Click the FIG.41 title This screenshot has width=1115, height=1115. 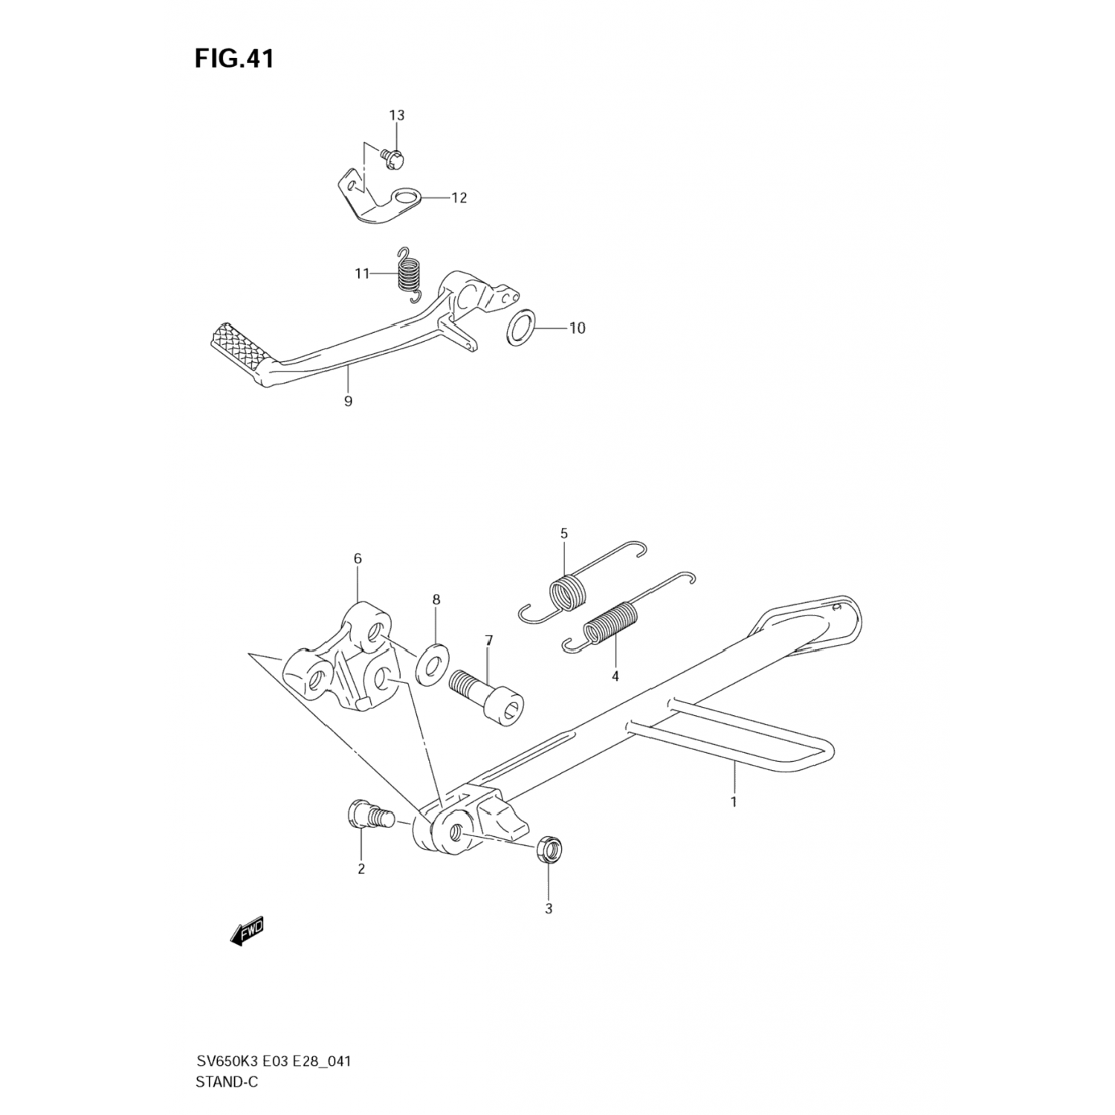click(x=234, y=59)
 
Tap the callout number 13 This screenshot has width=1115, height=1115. click(x=396, y=115)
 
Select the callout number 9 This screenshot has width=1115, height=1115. click(x=348, y=401)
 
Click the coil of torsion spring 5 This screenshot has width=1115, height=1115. click(x=569, y=593)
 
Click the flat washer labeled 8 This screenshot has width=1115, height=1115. click(x=433, y=662)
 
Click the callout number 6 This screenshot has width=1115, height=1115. click(x=358, y=558)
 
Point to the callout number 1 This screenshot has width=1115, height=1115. click(x=734, y=802)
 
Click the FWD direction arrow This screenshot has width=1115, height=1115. click(x=248, y=932)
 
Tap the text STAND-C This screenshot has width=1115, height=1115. click(x=227, y=1082)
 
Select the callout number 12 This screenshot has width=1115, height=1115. click(x=459, y=198)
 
